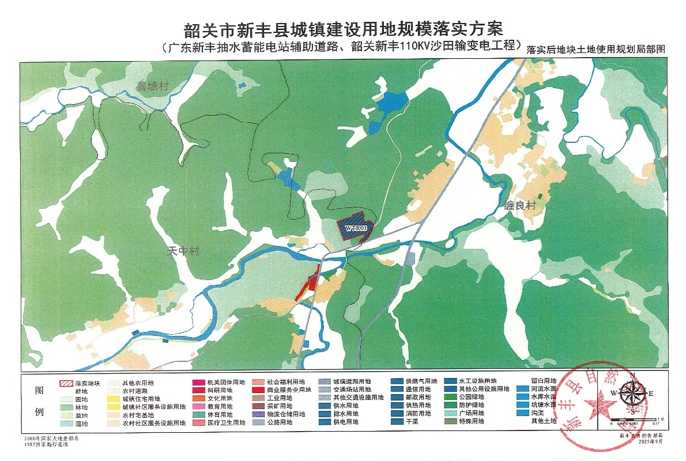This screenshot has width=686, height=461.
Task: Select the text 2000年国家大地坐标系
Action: [x=45, y=439]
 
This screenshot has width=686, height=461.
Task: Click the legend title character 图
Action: [x=40, y=390]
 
